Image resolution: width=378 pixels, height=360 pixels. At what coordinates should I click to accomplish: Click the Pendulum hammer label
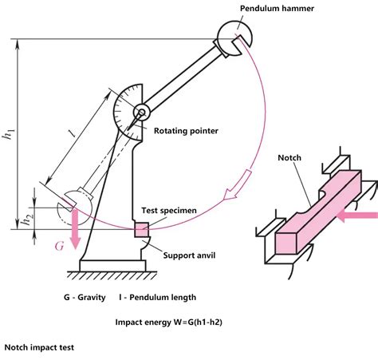coord(277,9)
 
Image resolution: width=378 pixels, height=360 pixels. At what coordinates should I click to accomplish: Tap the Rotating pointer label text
coord(186,131)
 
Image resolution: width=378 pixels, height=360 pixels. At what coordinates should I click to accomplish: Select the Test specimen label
coord(169,211)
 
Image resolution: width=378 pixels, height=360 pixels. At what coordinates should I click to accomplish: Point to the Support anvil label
coord(189,255)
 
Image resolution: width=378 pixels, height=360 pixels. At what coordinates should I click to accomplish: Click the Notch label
coord(289,158)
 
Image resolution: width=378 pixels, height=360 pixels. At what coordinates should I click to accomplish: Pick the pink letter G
coord(60,246)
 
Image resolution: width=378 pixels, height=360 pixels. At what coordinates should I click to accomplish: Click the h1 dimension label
coord(9,133)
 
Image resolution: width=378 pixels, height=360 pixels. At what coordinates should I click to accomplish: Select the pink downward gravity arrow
coord(75,229)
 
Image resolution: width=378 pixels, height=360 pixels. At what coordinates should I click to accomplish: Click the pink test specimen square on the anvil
coord(141,230)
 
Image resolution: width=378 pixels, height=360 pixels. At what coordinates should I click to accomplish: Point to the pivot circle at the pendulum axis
coord(142,113)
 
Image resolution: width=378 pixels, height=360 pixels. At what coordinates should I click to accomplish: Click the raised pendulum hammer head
coord(234,38)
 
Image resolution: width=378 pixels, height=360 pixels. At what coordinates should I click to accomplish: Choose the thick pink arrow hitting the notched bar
coord(357,216)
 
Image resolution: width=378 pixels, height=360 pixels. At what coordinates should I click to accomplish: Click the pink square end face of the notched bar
coord(285,243)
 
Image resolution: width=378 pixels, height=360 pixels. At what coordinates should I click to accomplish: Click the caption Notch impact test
coord(39,347)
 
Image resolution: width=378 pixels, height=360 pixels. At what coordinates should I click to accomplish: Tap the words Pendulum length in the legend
coord(163,298)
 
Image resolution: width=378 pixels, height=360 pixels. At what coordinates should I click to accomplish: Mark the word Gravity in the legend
coord(92,298)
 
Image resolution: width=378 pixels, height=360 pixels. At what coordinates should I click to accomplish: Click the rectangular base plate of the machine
coord(112,266)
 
